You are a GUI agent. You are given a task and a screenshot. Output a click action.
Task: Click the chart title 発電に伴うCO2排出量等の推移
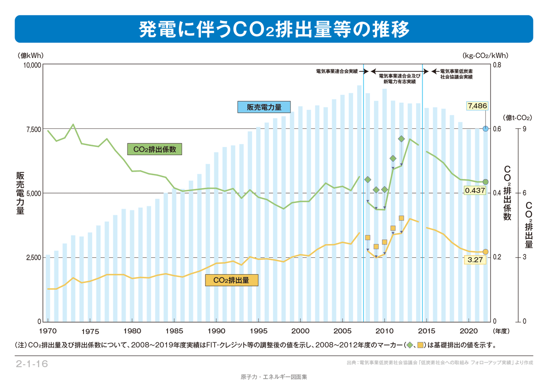pos(274,29)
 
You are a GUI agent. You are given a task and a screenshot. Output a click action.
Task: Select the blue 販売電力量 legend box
pos(264,107)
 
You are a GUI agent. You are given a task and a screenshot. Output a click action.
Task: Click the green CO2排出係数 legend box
pos(154,149)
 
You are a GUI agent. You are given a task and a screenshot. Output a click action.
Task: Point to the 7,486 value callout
pos(477,106)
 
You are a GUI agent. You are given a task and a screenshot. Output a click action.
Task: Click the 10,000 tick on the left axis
pos(32,65)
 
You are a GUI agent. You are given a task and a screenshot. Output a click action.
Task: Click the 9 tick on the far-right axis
pos(525,129)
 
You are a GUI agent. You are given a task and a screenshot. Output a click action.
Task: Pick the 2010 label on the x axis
pos(385,330)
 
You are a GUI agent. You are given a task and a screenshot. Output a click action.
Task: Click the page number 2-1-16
pos(32,364)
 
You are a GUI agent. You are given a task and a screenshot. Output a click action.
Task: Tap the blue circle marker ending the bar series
pos(485,129)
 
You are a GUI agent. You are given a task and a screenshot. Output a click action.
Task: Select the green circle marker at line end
pos(485,182)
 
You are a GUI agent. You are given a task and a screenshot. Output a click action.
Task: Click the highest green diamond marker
pos(401,139)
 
